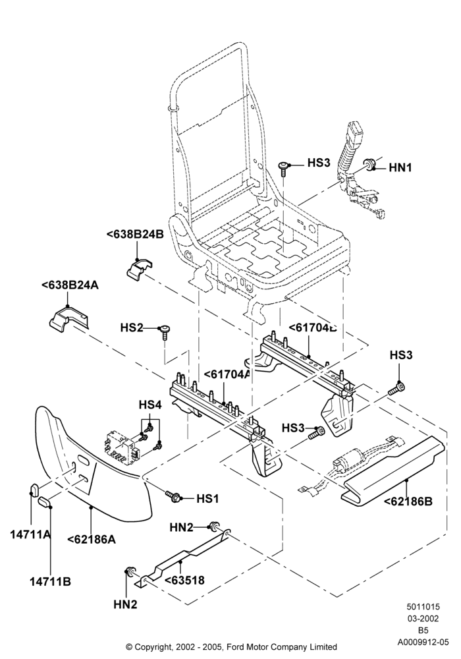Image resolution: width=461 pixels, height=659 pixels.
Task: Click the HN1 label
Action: (400, 167)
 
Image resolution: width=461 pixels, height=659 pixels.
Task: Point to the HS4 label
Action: (150, 405)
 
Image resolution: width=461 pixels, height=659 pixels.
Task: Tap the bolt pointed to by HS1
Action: (173, 496)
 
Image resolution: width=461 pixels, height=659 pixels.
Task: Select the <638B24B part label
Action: (135, 235)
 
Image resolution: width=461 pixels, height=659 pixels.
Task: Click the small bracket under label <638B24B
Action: (139, 269)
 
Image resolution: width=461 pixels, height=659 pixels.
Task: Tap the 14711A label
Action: (30, 534)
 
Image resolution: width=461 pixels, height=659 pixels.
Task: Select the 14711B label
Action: (51, 582)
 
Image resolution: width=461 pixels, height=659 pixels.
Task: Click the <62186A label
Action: (92, 539)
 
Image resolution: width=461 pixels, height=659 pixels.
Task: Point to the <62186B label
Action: (408, 501)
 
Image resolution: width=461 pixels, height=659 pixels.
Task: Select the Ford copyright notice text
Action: (231, 646)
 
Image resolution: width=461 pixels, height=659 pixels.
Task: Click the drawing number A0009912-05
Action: (423, 642)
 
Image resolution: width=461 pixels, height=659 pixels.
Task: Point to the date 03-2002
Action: (423, 619)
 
